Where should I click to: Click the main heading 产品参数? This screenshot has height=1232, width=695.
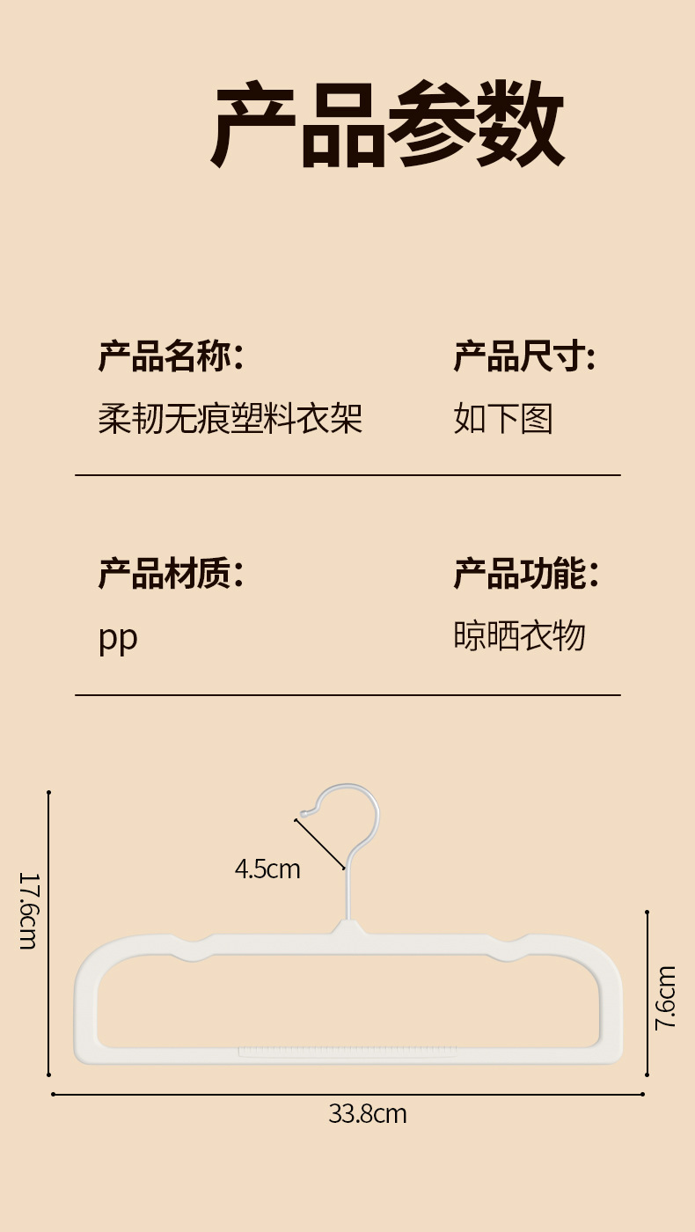[387, 124]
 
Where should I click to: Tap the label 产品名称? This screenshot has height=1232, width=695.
[171, 357]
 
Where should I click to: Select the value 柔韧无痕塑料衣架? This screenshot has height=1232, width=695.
[230, 418]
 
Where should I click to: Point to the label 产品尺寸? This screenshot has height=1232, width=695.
[524, 357]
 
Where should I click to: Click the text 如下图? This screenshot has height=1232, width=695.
[503, 418]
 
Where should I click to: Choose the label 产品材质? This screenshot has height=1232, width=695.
[171, 573]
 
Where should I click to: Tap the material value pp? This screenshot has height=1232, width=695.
[118, 638]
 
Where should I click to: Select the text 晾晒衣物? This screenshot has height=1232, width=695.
[519, 635]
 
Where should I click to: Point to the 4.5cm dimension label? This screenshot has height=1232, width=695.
[267, 869]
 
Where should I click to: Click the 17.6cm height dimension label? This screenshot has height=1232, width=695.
[27, 910]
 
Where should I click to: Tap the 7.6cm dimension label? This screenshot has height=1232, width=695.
[666, 996]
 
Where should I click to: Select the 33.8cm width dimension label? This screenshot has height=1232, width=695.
[368, 1113]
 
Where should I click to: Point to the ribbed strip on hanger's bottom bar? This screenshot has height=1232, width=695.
[347, 1052]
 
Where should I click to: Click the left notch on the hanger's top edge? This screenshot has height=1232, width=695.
[194, 943]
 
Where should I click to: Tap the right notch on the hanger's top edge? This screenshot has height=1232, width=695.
[508, 943]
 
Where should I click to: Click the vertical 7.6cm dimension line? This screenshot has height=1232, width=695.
[647, 994]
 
